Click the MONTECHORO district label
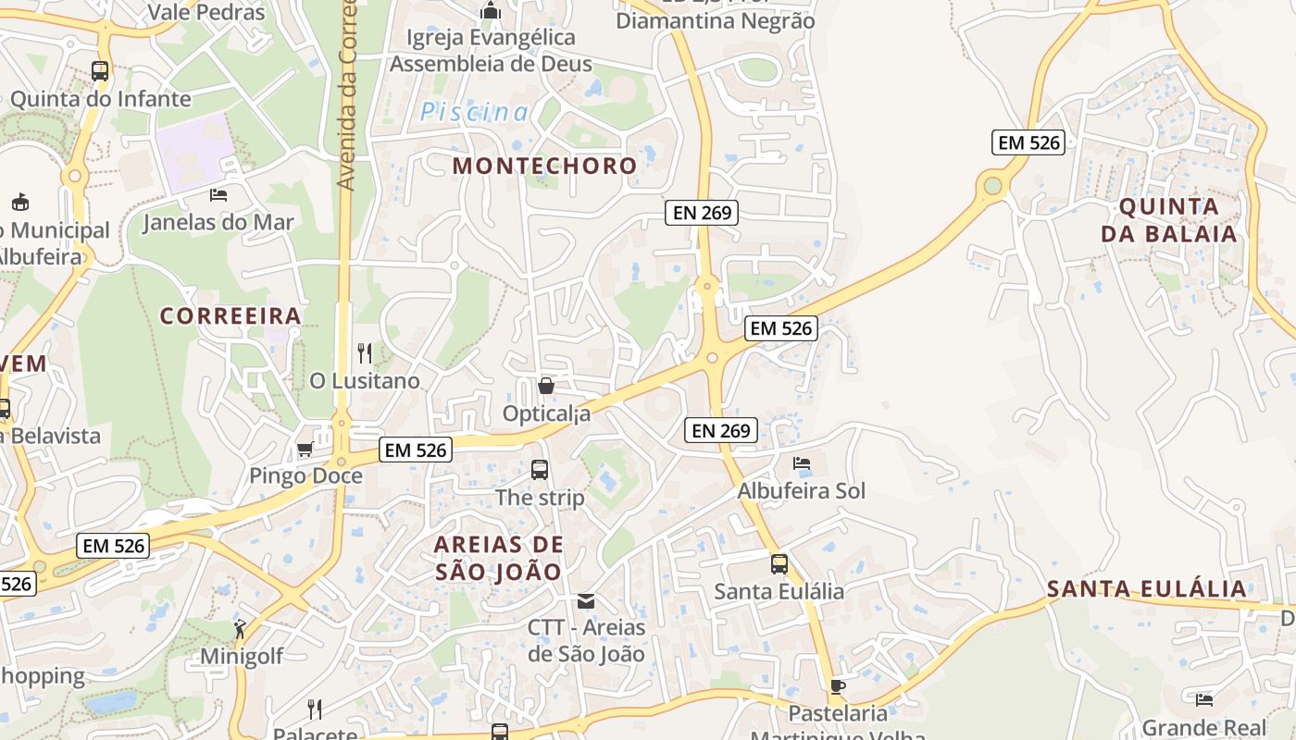[x=544, y=166]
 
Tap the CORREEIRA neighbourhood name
[x=231, y=316]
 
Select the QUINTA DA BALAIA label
[x=1169, y=219]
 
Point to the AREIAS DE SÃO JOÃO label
[x=498, y=558]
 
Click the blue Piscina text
[x=475, y=113]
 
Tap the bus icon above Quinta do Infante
[x=99, y=70]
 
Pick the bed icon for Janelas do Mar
[x=218, y=194]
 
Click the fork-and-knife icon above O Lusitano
[x=365, y=352]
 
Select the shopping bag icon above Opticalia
[x=546, y=385]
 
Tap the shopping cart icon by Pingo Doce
[x=305, y=450]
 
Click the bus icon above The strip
[x=540, y=470]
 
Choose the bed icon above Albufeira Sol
[x=802, y=462]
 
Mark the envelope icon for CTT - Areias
[x=586, y=600]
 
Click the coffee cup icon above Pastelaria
[x=837, y=686]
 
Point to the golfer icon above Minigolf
[x=240, y=629]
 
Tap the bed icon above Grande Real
[x=1203, y=699]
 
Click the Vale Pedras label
[x=206, y=12]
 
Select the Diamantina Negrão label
[x=716, y=20]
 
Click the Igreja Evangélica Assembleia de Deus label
[x=491, y=50]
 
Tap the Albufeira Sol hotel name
[x=802, y=491]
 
